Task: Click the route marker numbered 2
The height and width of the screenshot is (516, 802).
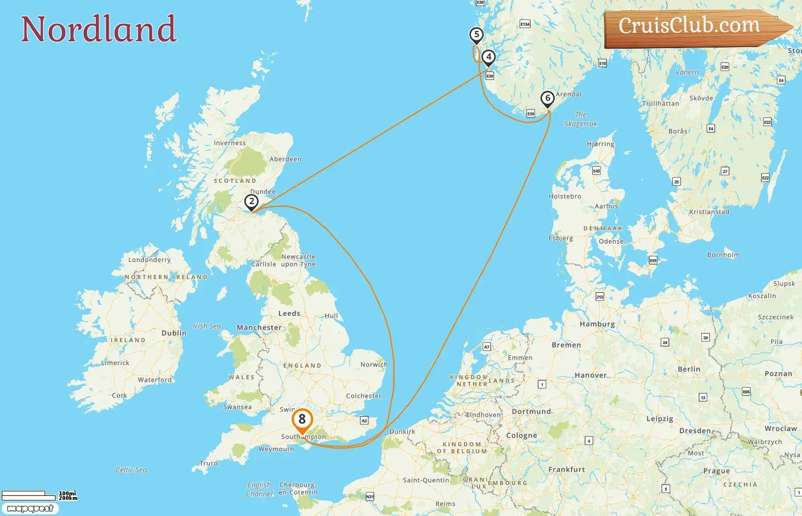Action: pyautogui.click(x=251, y=202)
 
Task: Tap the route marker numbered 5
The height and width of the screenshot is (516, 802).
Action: pyautogui.click(x=476, y=35)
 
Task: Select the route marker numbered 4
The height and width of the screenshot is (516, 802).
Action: pyautogui.click(x=488, y=57)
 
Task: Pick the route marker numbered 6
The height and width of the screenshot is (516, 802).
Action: pyautogui.click(x=548, y=99)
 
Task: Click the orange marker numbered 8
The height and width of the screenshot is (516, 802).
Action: pyautogui.click(x=302, y=420)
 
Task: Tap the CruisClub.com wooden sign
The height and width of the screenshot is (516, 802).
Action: pyautogui.click(x=693, y=27)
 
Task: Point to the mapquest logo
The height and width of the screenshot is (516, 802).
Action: pyautogui.click(x=30, y=509)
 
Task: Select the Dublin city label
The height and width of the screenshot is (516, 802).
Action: pyautogui.click(x=174, y=333)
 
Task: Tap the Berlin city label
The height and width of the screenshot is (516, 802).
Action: pyautogui.click(x=689, y=369)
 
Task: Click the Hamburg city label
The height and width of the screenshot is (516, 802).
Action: pyautogui.click(x=597, y=324)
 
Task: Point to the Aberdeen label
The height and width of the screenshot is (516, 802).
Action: pyautogui.click(x=285, y=159)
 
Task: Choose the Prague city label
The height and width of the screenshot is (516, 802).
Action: pyautogui.click(x=717, y=471)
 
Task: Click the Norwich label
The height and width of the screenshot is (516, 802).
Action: pyautogui.click(x=374, y=365)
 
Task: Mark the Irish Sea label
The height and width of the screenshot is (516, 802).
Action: pyautogui.click(x=207, y=326)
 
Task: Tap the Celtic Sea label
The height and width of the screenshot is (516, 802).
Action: pyautogui.click(x=131, y=470)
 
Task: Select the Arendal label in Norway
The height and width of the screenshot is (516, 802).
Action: pyautogui.click(x=568, y=94)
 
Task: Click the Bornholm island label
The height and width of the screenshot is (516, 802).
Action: pyautogui.click(x=724, y=255)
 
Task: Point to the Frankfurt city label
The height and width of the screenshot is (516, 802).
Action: pyautogui.click(x=567, y=469)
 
